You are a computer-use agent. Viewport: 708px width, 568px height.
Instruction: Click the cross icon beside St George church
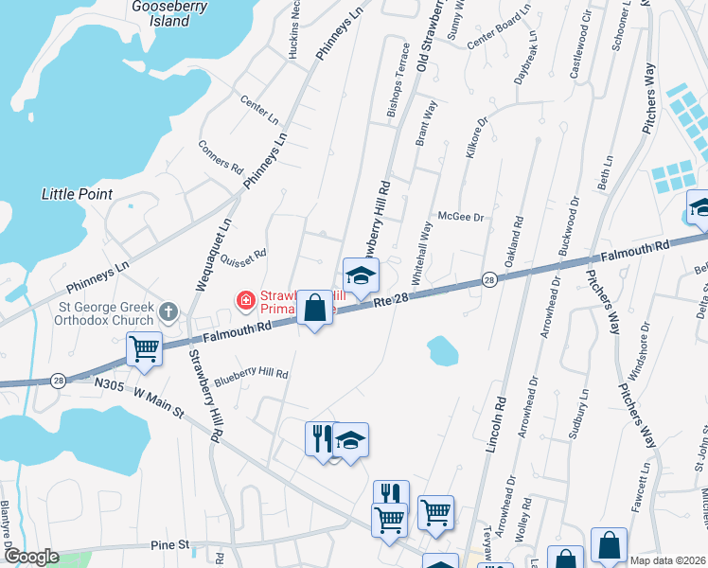pyautogui.click(x=168, y=311)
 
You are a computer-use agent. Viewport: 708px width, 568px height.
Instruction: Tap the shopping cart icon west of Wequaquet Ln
pyautogui.click(x=145, y=349)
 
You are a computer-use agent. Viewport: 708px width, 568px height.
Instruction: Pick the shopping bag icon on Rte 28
pyautogui.click(x=314, y=308)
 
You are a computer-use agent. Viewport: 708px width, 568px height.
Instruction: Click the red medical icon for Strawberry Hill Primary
pyautogui.click(x=245, y=301)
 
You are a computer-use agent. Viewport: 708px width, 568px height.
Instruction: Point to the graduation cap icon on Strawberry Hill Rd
pyautogui.click(x=361, y=275)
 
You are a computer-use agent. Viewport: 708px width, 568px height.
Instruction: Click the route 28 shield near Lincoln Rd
pyautogui.click(x=488, y=279)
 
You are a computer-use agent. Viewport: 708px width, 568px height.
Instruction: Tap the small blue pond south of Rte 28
pyautogui.click(x=442, y=351)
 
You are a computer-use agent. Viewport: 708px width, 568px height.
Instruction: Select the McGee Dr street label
pyautogui.click(x=459, y=217)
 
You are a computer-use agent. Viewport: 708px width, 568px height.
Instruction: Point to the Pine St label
pyautogui.click(x=170, y=545)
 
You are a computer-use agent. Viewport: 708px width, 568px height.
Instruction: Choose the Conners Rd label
pyautogui.click(x=221, y=157)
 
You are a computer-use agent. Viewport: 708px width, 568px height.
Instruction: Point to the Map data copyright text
pyautogui.click(x=665, y=560)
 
